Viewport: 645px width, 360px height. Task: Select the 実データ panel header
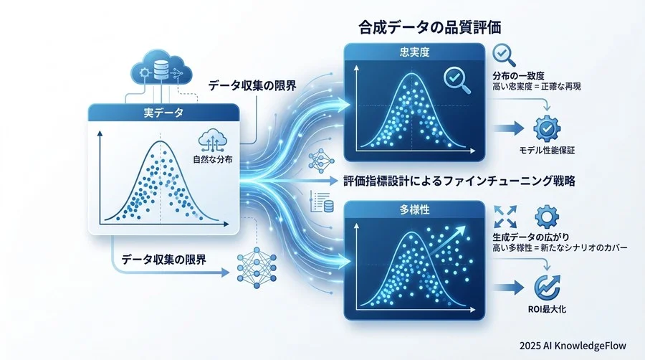(x=163, y=113)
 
